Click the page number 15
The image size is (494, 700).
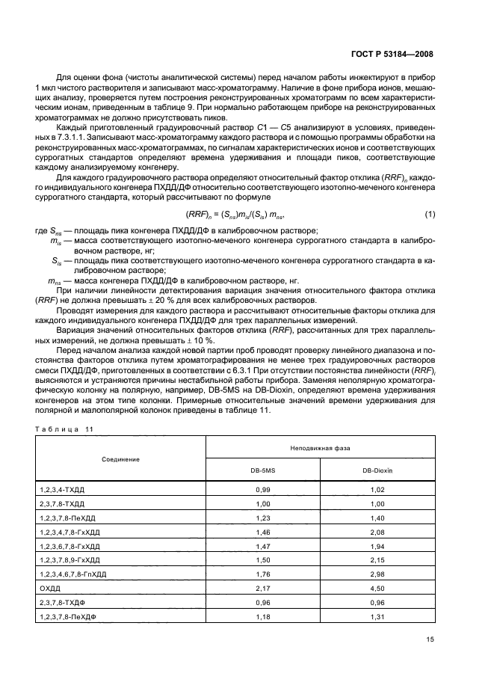(429, 660)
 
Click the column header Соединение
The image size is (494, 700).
(121, 458)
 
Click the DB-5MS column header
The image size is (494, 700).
(262, 471)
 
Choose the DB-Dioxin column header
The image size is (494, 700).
(377, 471)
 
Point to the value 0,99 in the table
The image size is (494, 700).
(262, 488)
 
